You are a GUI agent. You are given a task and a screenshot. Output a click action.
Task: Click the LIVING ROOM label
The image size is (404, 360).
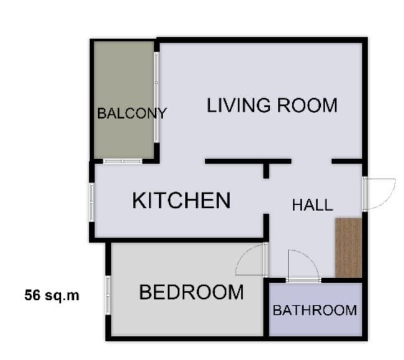click(272, 105)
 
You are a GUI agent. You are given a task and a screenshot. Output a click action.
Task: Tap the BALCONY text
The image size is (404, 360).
click(132, 114)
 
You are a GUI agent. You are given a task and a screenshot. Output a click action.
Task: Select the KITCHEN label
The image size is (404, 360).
click(181, 200)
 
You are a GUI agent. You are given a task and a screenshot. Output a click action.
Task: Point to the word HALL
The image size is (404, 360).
click(313, 205)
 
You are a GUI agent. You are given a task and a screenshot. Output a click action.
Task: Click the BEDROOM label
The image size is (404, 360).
click(191, 292)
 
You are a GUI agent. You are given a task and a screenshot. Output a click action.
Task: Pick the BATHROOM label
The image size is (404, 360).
click(315, 310)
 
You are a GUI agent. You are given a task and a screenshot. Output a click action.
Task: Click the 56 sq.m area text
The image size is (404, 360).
click(52, 295)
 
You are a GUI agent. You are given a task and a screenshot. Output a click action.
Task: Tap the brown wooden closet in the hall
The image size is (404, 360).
click(349, 248)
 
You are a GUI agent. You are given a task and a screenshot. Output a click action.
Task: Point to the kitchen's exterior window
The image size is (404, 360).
click(92, 202)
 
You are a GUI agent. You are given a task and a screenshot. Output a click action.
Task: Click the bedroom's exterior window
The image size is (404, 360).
click(108, 295)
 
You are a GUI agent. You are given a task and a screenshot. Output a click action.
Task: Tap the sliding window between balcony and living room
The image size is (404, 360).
click(156, 97)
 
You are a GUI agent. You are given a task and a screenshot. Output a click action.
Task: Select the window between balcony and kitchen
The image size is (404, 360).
click(123, 161)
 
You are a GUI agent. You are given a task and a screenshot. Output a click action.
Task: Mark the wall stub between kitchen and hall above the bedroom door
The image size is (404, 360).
click(266, 227)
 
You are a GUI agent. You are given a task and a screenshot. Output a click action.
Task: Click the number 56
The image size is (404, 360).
click(32, 295)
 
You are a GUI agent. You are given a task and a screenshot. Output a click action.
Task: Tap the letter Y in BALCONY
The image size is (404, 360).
click(163, 114)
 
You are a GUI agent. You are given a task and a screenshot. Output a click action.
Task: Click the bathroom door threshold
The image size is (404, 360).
click(303, 281)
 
